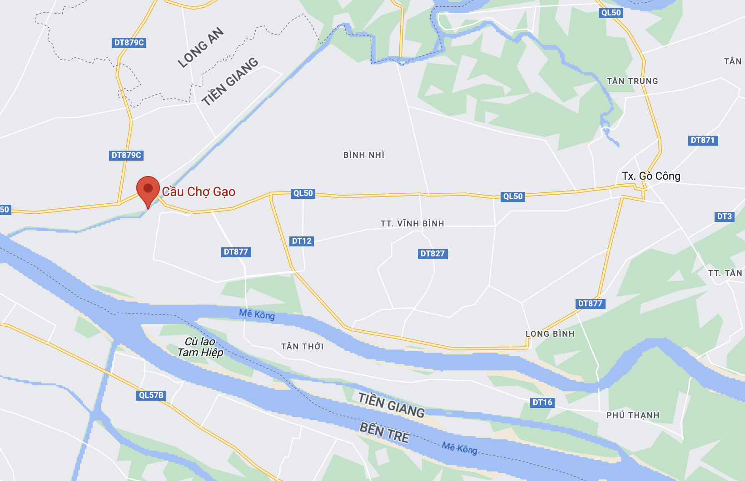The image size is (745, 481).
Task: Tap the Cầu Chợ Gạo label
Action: [x=199, y=192]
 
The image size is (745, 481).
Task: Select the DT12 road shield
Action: [x=302, y=241]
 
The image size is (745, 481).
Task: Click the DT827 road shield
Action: [x=432, y=254]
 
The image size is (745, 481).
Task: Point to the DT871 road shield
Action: [x=703, y=140]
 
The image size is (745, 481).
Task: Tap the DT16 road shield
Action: [x=542, y=402]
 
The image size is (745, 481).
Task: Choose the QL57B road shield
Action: [x=151, y=395]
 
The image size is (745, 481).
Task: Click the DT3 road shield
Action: [x=725, y=216]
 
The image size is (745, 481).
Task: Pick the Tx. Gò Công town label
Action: [x=651, y=176]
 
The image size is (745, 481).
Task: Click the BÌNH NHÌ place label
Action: [x=364, y=155]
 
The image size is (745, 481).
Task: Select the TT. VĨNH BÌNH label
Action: [x=412, y=224]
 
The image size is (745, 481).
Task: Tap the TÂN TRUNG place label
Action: [x=632, y=81]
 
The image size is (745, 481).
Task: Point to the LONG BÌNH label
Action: [x=550, y=334]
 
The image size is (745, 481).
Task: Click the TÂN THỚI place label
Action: [x=303, y=347]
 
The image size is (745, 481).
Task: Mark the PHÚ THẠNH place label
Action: [x=633, y=415]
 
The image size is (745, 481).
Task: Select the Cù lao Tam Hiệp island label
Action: [x=200, y=347]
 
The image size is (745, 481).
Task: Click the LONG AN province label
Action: [x=201, y=47]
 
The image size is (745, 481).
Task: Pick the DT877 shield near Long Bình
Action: [x=590, y=304]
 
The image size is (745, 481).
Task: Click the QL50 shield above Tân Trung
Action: [x=611, y=13]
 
